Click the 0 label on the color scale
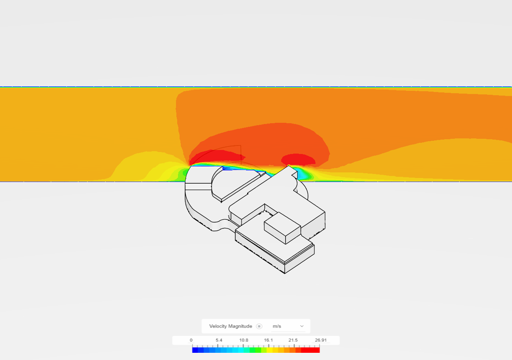(191, 340)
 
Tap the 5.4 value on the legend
(219, 340)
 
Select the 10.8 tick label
(244, 340)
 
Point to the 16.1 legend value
(268, 340)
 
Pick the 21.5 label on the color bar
(293, 340)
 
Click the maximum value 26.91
(321, 340)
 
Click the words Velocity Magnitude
(231, 326)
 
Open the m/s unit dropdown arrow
(302, 326)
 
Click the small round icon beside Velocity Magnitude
(259, 326)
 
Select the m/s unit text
(277, 326)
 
